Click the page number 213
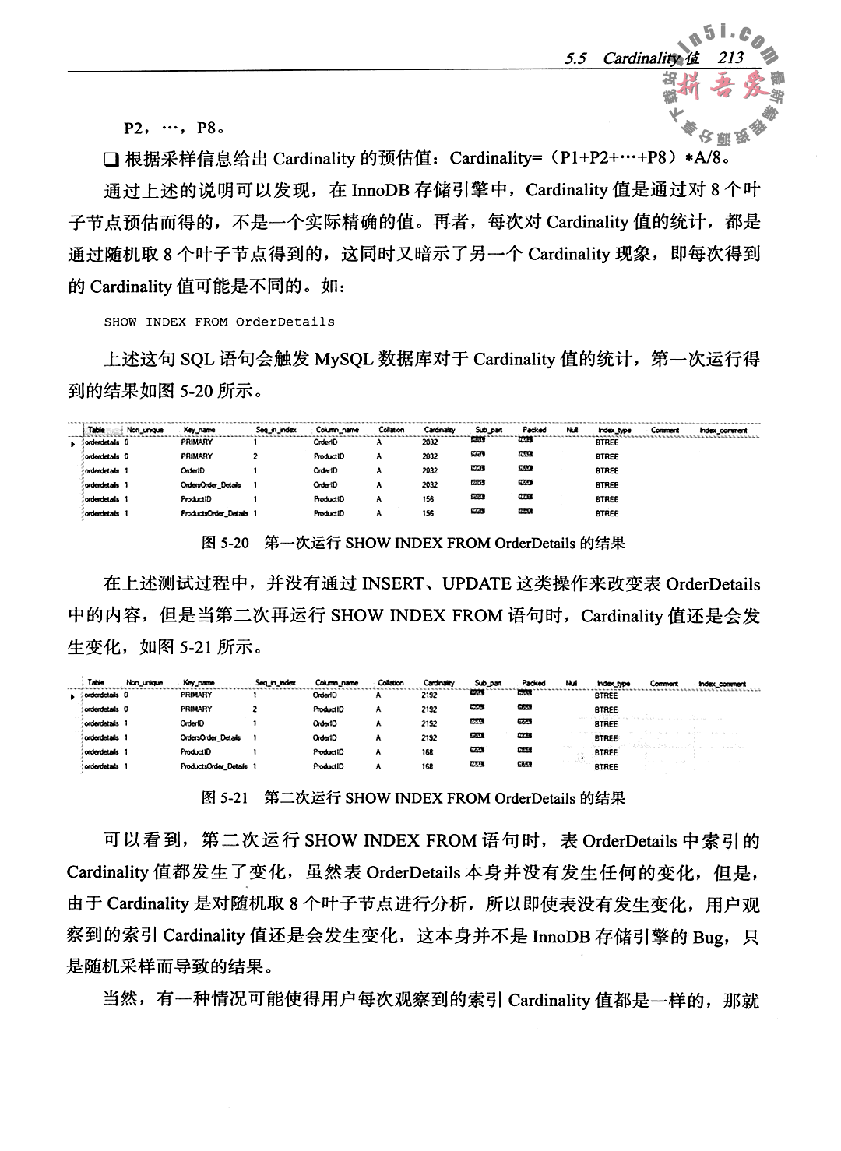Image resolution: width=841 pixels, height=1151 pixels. (x=732, y=57)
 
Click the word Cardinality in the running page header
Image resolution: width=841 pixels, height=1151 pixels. (x=642, y=58)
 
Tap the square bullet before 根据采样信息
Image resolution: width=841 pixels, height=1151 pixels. (x=110, y=160)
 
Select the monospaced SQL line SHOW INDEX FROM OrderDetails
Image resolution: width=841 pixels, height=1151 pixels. (x=219, y=322)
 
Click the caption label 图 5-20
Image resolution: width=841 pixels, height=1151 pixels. (x=225, y=543)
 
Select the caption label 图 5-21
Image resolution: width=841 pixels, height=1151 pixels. (x=225, y=798)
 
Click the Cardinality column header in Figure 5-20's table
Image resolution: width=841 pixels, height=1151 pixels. (x=439, y=430)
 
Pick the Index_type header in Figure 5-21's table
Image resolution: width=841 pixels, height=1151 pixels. (x=613, y=684)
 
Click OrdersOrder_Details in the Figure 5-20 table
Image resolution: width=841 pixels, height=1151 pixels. (x=210, y=484)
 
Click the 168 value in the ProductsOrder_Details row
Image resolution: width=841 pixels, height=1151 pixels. (x=428, y=766)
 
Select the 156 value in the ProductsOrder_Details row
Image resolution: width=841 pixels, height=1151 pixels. (x=428, y=513)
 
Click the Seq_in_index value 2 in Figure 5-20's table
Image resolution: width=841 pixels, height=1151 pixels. (x=255, y=456)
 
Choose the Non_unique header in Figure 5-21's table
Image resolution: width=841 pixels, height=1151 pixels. (x=144, y=683)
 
